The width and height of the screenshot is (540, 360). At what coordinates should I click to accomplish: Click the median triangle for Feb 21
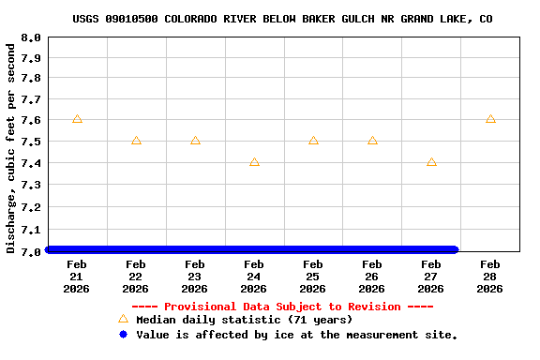point(77,119)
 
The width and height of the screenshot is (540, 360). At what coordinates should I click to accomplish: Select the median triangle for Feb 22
point(136,141)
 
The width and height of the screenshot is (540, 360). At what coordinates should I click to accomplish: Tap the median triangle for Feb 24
point(254,162)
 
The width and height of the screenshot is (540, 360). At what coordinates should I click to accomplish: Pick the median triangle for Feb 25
point(313,141)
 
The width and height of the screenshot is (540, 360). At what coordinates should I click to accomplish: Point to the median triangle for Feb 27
point(431,162)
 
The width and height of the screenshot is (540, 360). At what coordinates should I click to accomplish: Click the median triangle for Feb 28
point(490,119)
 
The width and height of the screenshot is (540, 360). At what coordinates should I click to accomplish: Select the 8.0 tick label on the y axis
point(31,38)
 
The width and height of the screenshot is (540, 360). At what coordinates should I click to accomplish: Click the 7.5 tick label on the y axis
point(31,142)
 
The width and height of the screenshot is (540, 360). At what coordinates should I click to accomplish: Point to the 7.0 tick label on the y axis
point(31,251)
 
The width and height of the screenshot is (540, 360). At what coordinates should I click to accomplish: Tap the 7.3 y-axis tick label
point(31,186)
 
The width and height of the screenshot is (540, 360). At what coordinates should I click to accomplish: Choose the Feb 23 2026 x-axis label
point(195,277)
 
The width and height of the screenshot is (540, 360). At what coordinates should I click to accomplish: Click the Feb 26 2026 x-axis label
point(372,277)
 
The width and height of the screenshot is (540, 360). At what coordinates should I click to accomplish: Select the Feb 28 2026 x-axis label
point(490,277)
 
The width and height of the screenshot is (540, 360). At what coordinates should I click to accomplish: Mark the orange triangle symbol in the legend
point(123,319)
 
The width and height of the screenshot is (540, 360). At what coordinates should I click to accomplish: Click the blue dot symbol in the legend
point(123,335)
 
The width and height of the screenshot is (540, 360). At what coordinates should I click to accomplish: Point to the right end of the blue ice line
point(455,249)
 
